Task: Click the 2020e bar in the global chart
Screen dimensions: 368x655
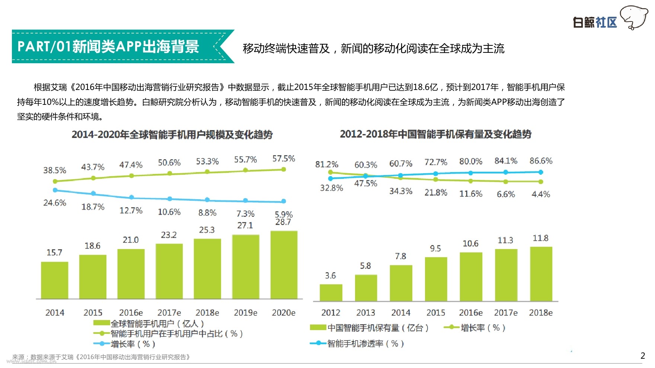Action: tap(284, 265)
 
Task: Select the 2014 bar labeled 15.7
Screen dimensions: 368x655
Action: tap(54, 280)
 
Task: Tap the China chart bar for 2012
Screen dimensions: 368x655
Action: tap(331, 293)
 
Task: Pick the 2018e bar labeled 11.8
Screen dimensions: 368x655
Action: tap(541, 274)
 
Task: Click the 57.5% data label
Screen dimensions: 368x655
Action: tap(284, 159)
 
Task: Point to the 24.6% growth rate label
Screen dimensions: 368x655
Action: tap(55, 203)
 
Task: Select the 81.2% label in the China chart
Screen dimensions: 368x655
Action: tap(326, 164)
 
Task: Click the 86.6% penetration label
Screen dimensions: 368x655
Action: tap(541, 161)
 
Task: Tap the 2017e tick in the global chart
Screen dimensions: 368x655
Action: tap(169, 313)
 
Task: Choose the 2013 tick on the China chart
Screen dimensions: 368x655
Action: tap(365, 313)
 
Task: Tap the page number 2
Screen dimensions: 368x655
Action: tap(643, 356)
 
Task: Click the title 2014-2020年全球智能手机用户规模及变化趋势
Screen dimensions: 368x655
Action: tap(172, 135)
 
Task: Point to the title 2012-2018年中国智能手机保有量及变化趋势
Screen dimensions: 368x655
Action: tap(435, 134)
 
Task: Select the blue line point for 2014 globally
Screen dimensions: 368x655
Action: tap(55, 190)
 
